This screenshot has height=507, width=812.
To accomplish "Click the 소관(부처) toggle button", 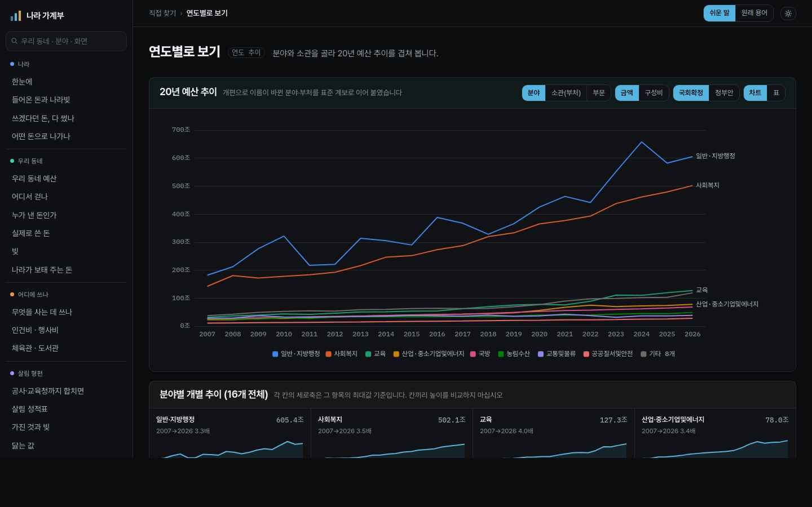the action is (x=566, y=93).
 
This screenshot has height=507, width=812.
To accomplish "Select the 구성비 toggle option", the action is (x=653, y=93).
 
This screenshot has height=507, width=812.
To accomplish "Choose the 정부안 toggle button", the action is (x=723, y=93).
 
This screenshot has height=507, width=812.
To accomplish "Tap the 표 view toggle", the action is (x=776, y=93).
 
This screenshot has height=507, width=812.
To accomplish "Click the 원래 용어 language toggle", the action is (x=754, y=14).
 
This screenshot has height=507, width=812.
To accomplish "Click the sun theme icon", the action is (x=788, y=14).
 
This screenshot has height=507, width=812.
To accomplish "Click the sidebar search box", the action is (x=67, y=41).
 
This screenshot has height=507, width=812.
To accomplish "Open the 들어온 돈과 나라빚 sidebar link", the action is (x=41, y=100).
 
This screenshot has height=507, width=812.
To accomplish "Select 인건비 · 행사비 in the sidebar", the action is (x=35, y=330).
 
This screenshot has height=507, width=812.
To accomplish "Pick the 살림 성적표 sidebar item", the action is (x=30, y=409).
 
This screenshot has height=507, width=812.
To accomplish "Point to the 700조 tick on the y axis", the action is (x=181, y=130).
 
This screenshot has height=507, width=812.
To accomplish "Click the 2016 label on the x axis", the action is (x=437, y=334).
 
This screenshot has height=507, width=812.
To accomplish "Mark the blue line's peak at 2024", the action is (x=641, y=142).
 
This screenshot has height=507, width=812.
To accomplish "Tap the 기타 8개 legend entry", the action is (x=658, y=354).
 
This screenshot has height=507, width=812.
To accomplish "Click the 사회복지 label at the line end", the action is (x=707, y=185).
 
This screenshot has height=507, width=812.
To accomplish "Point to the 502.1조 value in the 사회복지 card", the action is (x=452, y=420).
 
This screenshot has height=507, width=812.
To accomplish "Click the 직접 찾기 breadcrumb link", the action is (x=162, y=14).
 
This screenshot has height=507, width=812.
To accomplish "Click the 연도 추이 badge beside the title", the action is (x=246, y=53).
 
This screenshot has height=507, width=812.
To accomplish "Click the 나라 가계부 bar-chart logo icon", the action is (x=16, y=16).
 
